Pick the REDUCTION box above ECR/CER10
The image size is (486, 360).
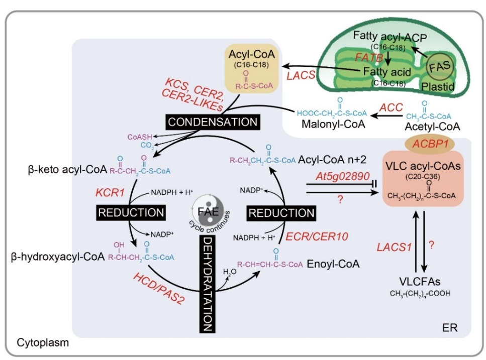click(x=281, y=213)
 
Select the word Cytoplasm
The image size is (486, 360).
click(x=43, y=343)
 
